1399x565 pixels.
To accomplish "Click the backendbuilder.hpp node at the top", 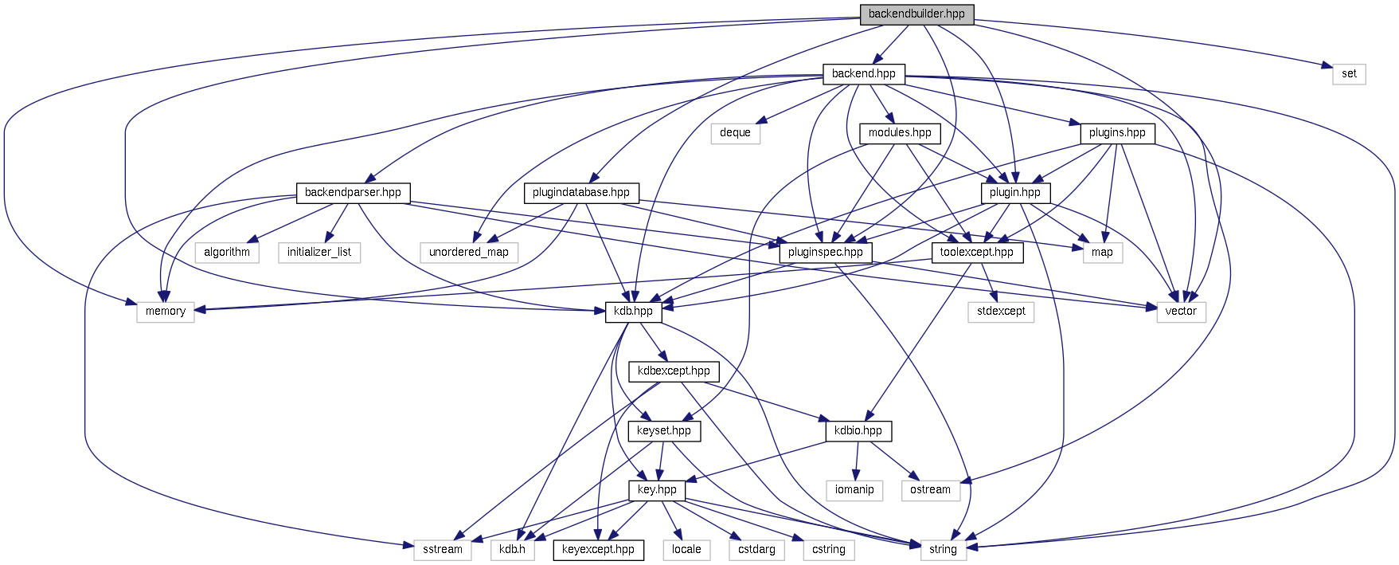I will [x=916, y=14].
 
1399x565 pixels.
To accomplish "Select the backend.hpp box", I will [x=863, y=74].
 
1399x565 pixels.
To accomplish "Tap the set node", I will [x=1349, y=74].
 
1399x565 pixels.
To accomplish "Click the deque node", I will [x=735, y=133].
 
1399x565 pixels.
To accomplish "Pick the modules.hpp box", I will [x=900, y=133].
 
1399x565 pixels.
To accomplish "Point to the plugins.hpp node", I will [x=1117, y=133].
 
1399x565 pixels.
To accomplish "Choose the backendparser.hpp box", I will [x=353, y=193].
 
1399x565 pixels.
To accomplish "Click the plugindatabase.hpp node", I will [x=581, y=193].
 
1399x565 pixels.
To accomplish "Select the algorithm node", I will [x=227, y=253].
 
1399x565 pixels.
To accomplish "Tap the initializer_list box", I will [x=319, y=253].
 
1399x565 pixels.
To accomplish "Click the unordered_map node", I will [x=469, y=253].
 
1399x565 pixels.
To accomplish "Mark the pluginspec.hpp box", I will [x=826, y=253].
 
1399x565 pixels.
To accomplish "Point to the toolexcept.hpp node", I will [x=977, y=253].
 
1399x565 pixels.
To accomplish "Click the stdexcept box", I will [x=1002, y=312].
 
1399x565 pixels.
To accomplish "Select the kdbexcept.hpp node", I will [x=674, y=371].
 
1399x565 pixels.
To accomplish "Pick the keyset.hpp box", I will [x=664, y=431].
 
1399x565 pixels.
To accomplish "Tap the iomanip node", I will [x=854, y=490].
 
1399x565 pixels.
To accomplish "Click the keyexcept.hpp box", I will [x=598, y=550].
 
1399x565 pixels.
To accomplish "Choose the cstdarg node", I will [x=756, y=550].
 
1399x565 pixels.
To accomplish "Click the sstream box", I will [x=443, y=550].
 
